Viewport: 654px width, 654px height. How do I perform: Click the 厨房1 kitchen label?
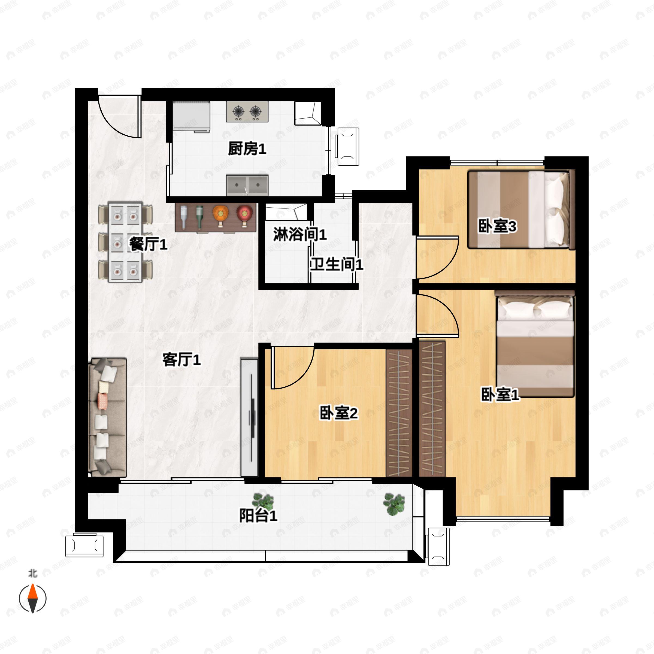coord(247,149)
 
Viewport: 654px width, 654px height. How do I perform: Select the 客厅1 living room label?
coord(181,359)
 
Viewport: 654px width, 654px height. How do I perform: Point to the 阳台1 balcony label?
coord(258,516)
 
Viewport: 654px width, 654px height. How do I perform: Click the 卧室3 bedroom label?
coord(497,226)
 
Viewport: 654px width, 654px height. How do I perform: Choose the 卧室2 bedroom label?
coord(339,413)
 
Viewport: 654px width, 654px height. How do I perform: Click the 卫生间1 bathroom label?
coord(337,264)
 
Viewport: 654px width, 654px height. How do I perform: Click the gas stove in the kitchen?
coord(247,111)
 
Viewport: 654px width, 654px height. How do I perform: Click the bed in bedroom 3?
coord(521,210)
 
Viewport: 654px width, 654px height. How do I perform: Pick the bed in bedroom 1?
coord(535,343)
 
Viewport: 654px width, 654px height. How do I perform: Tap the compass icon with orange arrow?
coord(32,598)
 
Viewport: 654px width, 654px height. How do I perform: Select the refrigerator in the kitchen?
coord(191,116)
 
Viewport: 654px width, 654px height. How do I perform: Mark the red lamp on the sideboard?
coord(244,216)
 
